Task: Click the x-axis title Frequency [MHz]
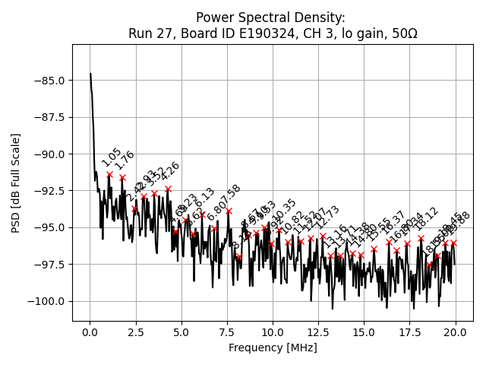click(x=273, y=348)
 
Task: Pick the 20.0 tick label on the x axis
click(x=456, y=332)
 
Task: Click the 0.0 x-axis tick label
click(x=90, y=332)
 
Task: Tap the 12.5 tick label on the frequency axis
click(x=318, y=332)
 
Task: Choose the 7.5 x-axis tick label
click(x=227, y=332)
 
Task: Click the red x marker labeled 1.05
click(x=109, y=174)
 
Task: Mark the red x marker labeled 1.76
click(x=122, y=177)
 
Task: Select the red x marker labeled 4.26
click(x=168, y=189)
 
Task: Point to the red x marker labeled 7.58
click(x=229, y=211)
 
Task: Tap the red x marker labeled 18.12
click(x=421, y=238)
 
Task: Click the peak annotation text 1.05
click(x=111, y=157)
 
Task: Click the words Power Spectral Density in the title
click(x=270, y=17)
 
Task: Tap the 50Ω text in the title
click(x=402, y=33)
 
